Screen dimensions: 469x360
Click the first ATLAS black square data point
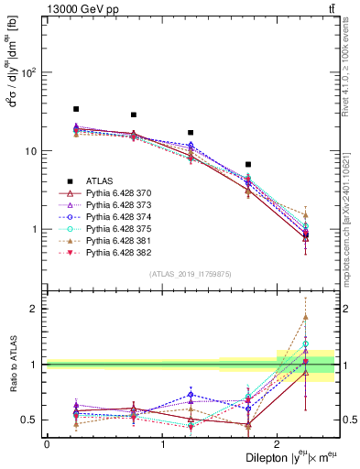click(76, 109)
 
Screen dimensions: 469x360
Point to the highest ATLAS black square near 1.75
click(248, 165)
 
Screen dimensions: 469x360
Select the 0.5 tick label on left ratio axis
click(29, 420)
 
